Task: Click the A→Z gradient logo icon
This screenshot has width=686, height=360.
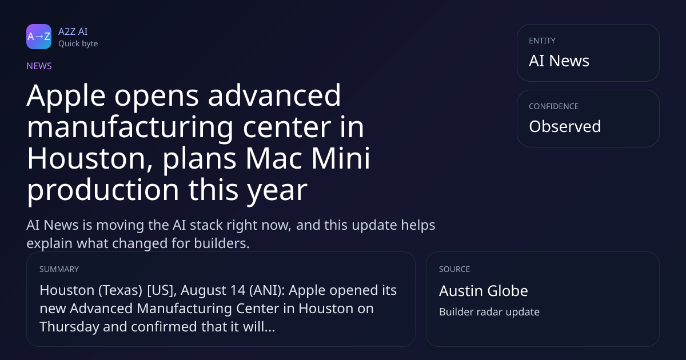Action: coord(39,37)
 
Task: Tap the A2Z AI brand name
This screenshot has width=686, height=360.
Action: coord(73,31)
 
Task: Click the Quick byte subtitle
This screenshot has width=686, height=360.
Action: coord(78,44)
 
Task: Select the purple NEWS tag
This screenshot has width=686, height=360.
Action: coord(39,66)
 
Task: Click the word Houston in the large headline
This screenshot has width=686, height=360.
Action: coord(90,159)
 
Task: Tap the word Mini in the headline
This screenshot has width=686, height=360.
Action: coord(341,158)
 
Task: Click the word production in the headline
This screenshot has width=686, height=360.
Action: coord(103,190)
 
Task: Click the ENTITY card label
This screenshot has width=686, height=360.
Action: coord(542,41)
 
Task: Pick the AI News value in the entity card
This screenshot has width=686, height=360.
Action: coord(559,61)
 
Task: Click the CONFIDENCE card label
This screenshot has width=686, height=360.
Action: coord(554,106)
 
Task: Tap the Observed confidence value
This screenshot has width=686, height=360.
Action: coord(565,126)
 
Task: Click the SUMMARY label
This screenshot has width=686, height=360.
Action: coord(59,269)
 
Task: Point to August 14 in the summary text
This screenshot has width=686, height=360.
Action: coord(213,290)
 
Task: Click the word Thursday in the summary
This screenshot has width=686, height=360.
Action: coord(69,327)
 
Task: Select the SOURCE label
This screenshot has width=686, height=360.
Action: coord(454,269)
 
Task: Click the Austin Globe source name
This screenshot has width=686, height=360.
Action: coord(484,291)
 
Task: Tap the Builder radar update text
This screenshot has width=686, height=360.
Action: coord(489,312)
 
